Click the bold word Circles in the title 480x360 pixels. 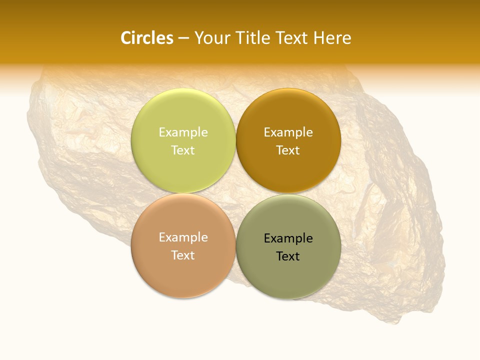146,38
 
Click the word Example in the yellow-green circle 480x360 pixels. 183,132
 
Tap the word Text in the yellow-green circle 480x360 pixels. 183,150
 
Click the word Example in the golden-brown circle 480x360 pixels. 288,132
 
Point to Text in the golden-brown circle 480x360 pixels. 288,150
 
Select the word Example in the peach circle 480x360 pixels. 183,237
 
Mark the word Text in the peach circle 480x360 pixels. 183,255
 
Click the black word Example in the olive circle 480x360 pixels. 288,238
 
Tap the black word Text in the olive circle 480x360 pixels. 288,256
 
